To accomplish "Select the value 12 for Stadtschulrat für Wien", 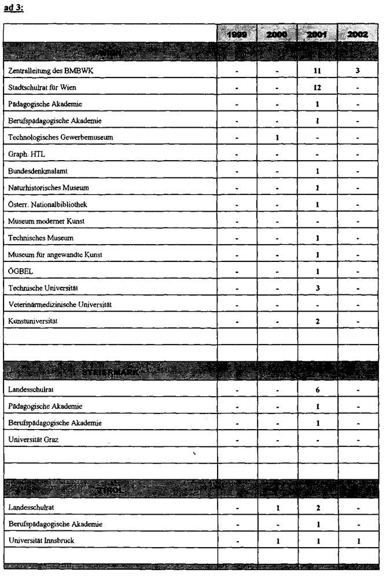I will click(x=318, y=88).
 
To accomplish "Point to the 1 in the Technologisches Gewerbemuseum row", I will click(x=278, y=138).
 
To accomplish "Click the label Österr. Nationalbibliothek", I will click(x=47, y=205).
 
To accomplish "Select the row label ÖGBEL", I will click(x=21, y=271).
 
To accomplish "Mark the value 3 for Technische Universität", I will click(x=318, y=287).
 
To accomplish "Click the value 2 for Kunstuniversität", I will click(x=318, y=321).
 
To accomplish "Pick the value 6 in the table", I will click(x=318, y=390).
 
